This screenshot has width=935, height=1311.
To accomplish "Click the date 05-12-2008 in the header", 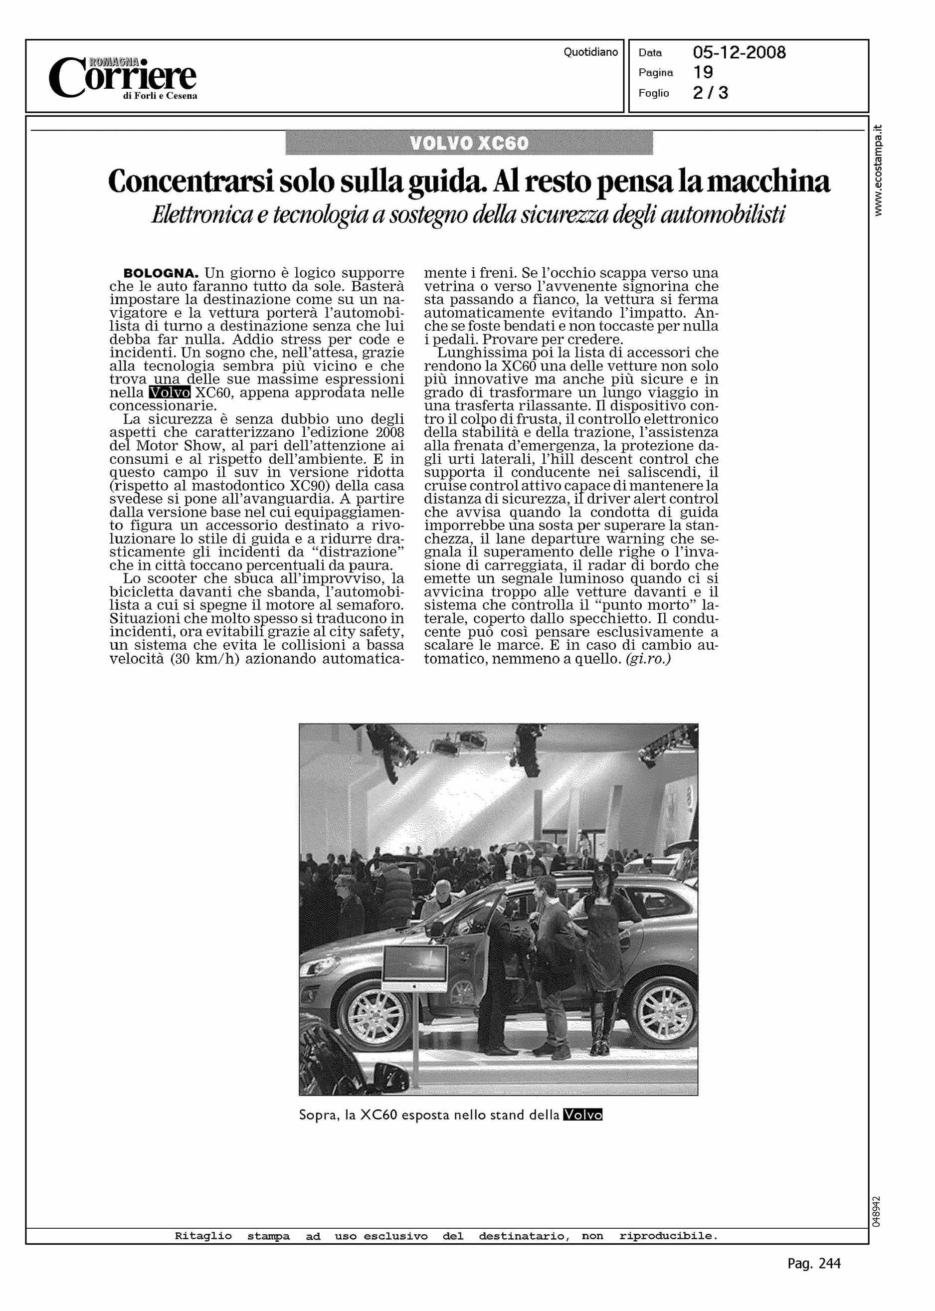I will click(x=739, y=53).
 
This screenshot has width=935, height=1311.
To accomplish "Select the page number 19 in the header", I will click(x=703, y=72).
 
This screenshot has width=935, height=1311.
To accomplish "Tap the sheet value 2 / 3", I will click(x=711, y=93).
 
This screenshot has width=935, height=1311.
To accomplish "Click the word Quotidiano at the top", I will click(x=591, y=52).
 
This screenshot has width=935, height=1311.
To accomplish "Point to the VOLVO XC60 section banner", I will click(x=469, y=143).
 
